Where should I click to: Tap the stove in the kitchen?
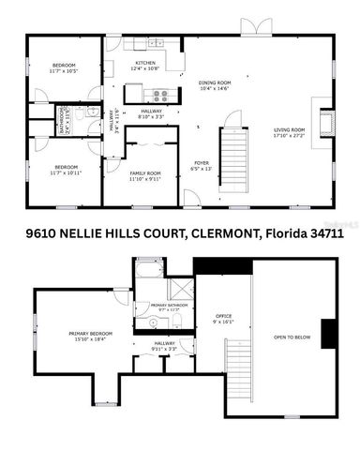pos(159,94)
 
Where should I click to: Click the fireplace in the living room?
pos(325,122)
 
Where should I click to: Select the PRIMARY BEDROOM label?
pos(86,334)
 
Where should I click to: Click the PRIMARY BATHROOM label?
pos(170,306)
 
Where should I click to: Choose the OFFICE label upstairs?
pos(223,316)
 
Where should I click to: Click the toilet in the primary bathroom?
pos(177,322)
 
